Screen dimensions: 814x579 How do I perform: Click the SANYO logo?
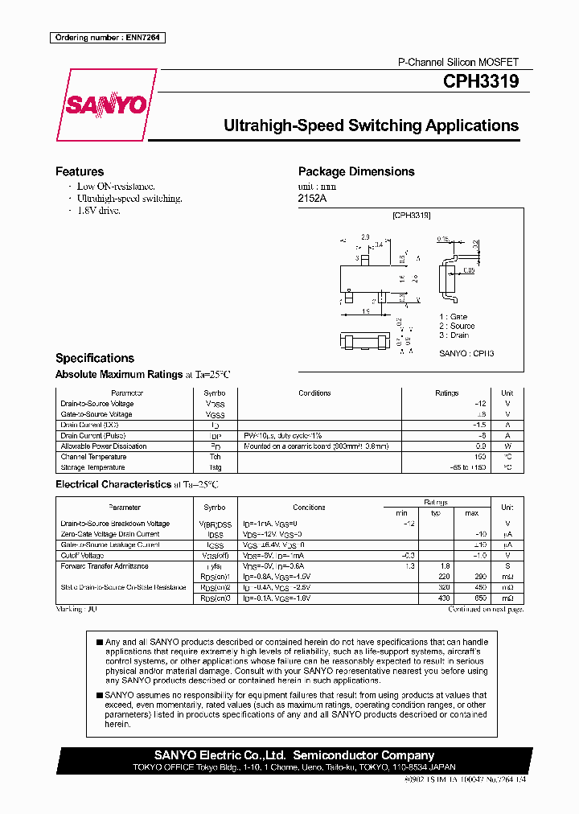point(105,105)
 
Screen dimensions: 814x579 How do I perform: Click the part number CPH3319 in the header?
point(481,81)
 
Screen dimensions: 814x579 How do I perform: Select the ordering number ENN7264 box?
point(107,38)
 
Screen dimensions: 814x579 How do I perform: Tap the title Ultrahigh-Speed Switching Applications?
point(371,125)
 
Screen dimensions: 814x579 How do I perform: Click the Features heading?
point(80,171)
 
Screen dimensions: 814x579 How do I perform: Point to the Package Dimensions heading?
point(356,171)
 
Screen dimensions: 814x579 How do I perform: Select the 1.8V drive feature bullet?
point(98,211)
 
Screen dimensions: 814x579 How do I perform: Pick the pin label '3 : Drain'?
point(454,335)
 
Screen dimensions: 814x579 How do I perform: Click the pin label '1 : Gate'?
point(453,317)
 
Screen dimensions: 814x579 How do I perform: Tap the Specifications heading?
point(95,358)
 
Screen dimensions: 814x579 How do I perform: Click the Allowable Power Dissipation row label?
point(104,446)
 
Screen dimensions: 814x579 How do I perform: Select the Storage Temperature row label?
point(93,467)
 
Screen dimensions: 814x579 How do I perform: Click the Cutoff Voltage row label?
point(82,556)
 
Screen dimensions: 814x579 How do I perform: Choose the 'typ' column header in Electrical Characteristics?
point(436,513)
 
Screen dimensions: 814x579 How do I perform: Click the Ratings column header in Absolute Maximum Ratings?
point(446,393)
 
